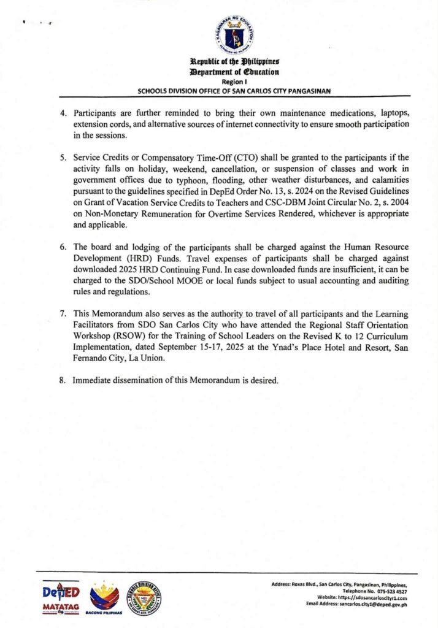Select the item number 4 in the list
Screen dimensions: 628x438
tap(62, 114)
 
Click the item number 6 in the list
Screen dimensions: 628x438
tap(62, 247)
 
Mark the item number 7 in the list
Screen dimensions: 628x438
tap(62, 313)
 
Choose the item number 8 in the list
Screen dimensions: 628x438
tap(62, 380)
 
